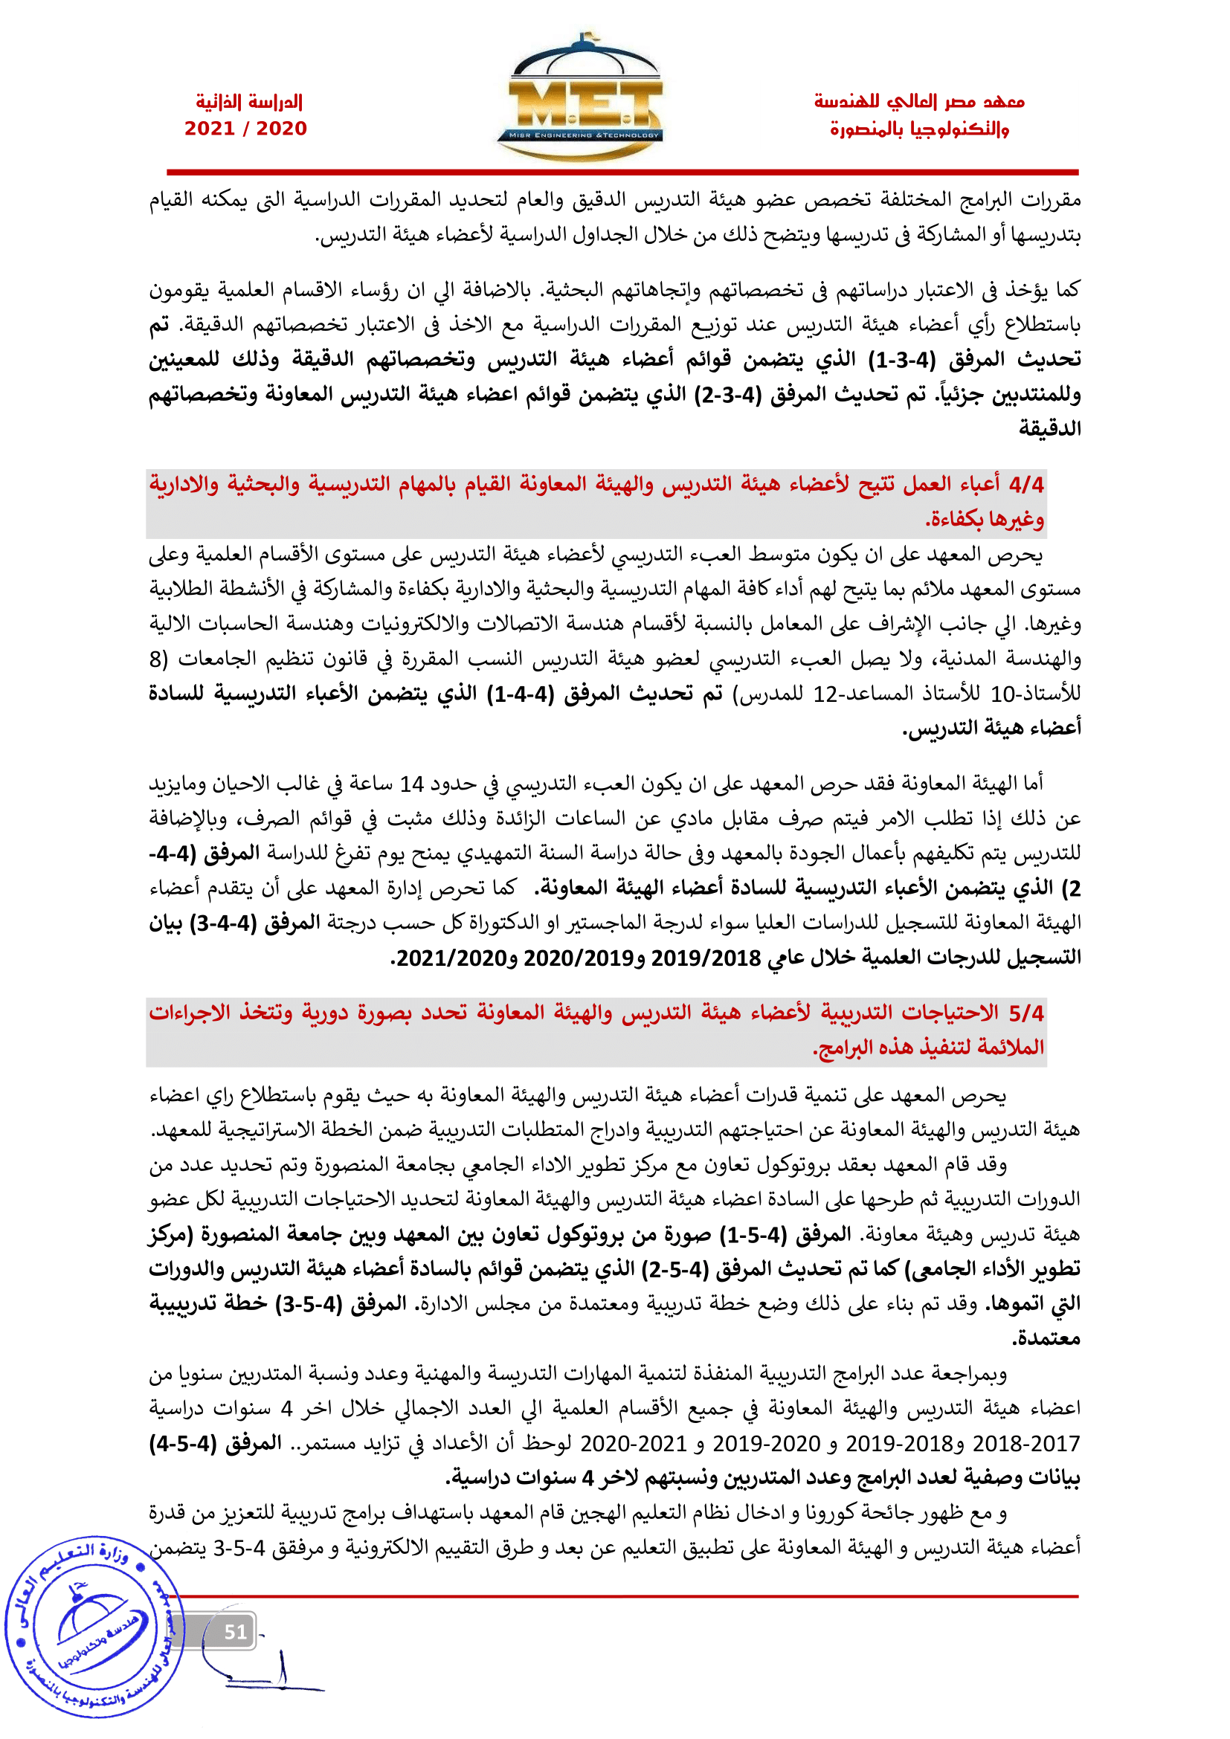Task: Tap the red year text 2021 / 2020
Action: tap(245, 129)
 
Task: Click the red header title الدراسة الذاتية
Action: tap(249, 102)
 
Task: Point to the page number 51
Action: tap(235, 1631)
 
